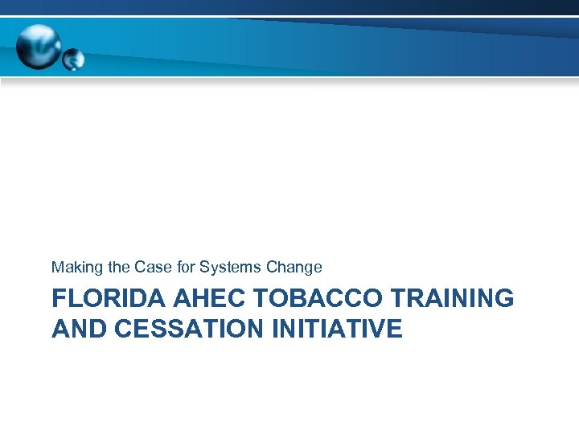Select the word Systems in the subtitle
point(229,267)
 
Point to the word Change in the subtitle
point(293,267)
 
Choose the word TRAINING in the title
point(451,299)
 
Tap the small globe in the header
point(74,59)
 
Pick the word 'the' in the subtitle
point(112,267)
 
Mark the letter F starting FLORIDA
point(59,299)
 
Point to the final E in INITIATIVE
point(394,328)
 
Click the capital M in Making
point(58,267)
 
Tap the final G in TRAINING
point(503,299)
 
